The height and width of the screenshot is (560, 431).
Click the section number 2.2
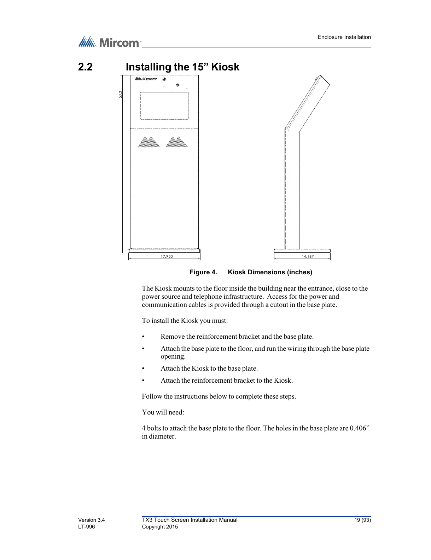click(x=85, y=67)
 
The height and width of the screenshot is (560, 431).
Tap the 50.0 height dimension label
click(x=121, y=95)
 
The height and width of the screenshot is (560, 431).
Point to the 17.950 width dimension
click(x=167, y=256)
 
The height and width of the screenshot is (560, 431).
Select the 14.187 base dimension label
click(x=308, y=256)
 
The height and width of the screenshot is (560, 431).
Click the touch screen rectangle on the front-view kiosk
click(x=164, y=106)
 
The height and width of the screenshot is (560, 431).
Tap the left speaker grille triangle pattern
click(x=149, y=142)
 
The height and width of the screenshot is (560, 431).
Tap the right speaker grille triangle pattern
click(x=177, y=142)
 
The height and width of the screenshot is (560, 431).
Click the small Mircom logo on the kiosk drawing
click(x=145, y=79)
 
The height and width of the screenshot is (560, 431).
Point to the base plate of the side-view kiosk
click(x=302, y=251)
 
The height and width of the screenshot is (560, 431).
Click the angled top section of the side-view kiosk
click(x=308, y=103)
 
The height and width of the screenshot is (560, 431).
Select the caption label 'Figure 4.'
click(x=203, y=272)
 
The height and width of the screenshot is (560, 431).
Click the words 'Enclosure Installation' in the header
click(x=344, y=37)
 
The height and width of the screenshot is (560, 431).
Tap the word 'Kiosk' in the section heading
click(x=225, y=67)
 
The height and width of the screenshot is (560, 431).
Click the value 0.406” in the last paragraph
click(x=360, y=428)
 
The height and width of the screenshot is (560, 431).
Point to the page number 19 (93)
click(x=363, y=520)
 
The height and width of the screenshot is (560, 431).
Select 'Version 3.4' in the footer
click(x=91, y=520)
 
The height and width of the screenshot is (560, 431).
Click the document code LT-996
click(x=87, y=527)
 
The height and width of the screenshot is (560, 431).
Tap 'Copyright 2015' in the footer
click(x=160, y=527)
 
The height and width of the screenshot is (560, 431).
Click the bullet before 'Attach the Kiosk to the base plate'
click(x=143, y=368)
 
